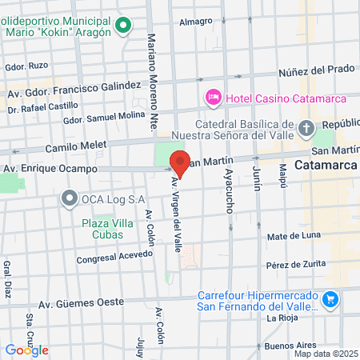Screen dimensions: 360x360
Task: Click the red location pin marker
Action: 180,163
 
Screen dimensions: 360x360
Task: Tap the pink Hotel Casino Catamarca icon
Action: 214,98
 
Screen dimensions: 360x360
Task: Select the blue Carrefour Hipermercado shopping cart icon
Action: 331,299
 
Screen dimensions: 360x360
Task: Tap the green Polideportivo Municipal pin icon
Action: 122,26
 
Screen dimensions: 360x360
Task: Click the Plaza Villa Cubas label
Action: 102,229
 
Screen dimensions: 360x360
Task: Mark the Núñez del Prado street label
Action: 315,70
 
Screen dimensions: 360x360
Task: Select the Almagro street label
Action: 196,22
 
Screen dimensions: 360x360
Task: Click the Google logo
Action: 27,350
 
